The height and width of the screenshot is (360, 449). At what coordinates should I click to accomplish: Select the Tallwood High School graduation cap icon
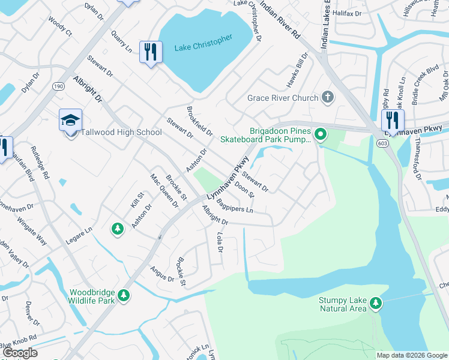pos(70,120)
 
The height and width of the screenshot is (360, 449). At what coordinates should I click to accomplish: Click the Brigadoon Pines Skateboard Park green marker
pos(321,134)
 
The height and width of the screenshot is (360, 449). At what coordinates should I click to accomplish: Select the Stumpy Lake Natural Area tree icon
pos(376,302)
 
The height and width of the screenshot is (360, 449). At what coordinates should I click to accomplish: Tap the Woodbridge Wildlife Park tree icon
pos(124,295)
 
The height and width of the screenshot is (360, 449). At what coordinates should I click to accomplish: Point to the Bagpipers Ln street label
pos(235,206)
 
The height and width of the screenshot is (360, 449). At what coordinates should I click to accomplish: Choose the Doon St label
pos(245,190)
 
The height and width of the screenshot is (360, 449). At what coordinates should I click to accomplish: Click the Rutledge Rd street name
pos(46,168)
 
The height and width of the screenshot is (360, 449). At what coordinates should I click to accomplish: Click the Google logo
pos(20,353)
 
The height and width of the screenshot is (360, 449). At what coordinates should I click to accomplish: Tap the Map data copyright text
pos(412,355)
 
